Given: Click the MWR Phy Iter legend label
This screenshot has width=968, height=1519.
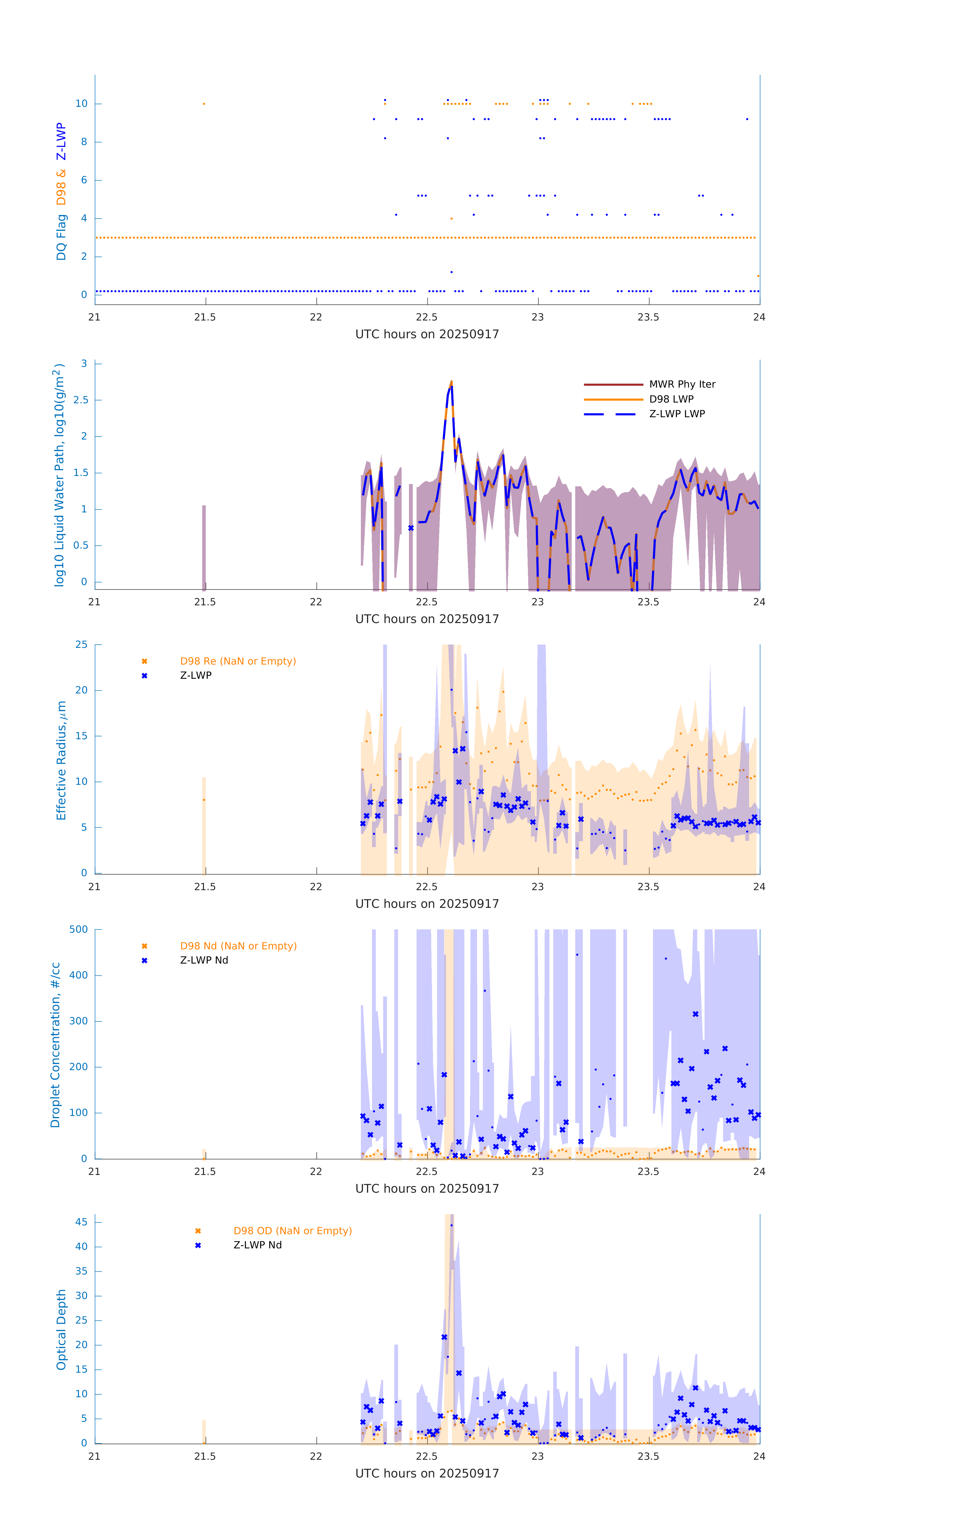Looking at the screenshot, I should pos(682,384).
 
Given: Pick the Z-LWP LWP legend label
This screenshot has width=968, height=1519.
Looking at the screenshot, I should pos(677,414).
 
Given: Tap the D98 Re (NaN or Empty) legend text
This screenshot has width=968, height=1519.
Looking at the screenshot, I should pos(238,661).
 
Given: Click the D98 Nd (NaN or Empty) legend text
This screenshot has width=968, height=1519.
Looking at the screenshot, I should pos(238,946).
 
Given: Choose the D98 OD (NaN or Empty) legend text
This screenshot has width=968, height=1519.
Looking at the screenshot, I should pos(292,1231).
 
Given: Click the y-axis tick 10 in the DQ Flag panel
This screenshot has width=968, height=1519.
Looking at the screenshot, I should pos(81,104).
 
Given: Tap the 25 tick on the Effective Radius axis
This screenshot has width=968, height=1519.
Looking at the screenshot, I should pos(81,645).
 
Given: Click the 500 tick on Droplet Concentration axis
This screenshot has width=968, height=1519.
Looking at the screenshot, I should pos(79,929).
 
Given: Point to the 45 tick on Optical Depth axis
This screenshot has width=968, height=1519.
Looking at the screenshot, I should pos(81,1222).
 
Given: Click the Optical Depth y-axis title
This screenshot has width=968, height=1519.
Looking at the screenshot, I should pos(61,1329).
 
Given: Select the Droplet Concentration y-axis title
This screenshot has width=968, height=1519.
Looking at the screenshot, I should pos(55,1045).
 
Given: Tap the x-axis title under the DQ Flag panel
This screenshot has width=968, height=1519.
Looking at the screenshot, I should pos(427,334).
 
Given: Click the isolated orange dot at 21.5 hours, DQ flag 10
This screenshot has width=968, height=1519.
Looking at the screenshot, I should pos(204,104).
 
